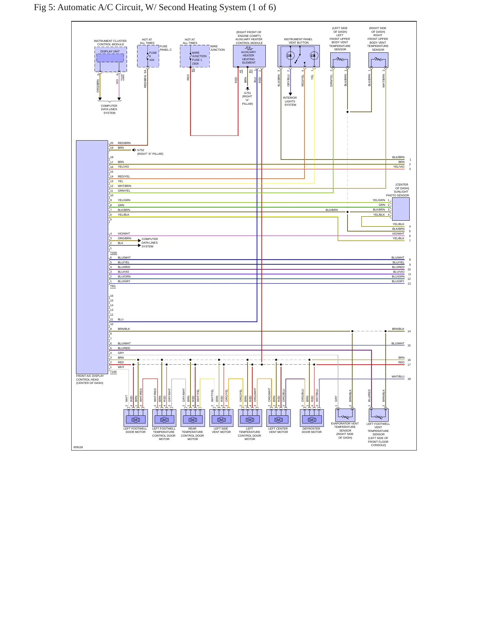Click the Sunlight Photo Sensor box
point(401,209)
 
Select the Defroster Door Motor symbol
point(312,418)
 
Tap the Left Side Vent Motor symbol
point(221,418)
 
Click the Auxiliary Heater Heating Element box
point(249,56)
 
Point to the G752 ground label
point(140,150)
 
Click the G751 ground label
point(248,93)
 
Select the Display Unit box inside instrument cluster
point(110,57)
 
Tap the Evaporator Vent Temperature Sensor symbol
point(345,415)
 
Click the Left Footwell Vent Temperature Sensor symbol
point(379,415)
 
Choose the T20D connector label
point(113,253)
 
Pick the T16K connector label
point(113,372)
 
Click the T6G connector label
point(113,286)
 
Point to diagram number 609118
point(78,447)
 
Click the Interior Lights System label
point(290,101)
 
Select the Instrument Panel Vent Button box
point(299,56)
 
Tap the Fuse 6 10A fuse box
point(148,56)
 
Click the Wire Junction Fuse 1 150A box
point(195,56)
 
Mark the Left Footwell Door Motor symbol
point(136,418)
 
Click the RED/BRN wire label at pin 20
point(124,143)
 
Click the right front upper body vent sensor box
point(378,60)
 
